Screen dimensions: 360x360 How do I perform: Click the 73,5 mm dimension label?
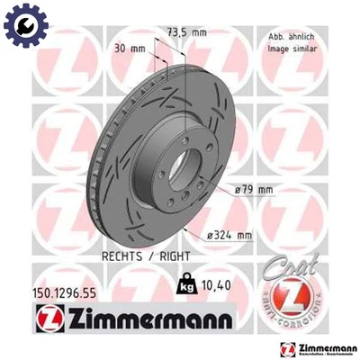185,32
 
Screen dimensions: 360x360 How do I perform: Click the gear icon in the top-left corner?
20,20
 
